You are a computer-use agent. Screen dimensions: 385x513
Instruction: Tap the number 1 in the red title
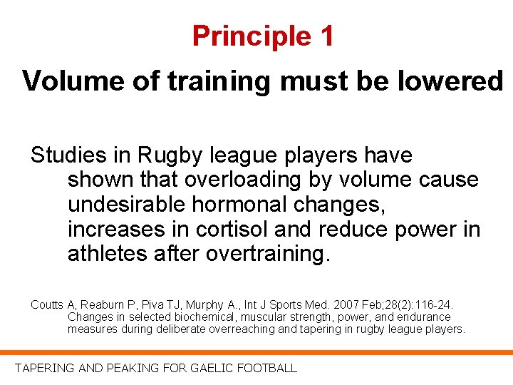pos(326,36)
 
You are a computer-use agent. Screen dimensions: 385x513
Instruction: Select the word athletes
pos(107,255)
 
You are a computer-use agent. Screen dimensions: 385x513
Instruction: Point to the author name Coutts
pos(47,305)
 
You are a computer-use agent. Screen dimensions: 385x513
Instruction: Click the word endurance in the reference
pos(425,317)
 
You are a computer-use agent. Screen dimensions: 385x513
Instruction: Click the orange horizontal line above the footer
pos(256,352)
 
